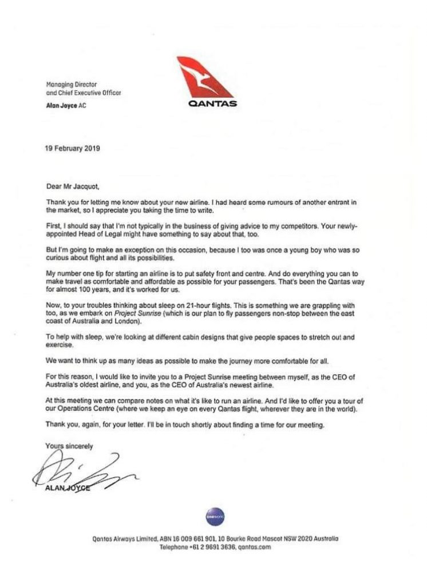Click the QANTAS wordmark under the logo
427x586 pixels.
(x=208, y=105)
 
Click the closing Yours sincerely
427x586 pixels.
(x=68, y=445)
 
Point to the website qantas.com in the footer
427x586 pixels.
(x=250, y=547)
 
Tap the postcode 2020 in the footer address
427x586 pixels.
(x=305, y=539)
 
